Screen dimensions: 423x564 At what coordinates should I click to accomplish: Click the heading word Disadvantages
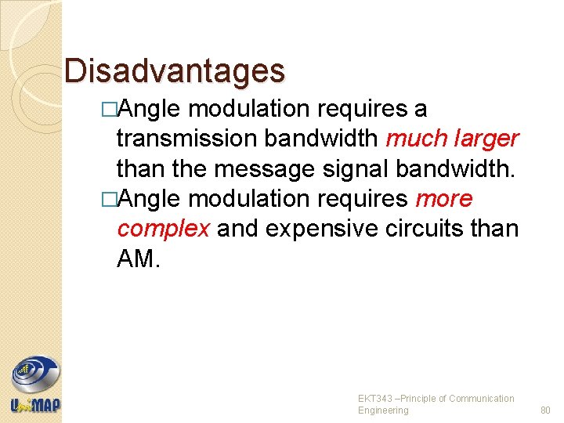pyautogui.click(x=175, y=70)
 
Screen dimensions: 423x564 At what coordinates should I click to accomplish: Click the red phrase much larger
pyautogui.click(x=452, y=139)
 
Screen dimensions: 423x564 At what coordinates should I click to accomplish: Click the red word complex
pyautogui.click(x=163, y=230)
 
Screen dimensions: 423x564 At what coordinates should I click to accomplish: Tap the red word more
pyautogui.click(x=444, y=199)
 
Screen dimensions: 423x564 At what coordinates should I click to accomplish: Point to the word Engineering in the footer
pyautogui.click(x=383, y=410)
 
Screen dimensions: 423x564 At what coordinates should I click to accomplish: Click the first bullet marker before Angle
pyautogui.click(x=109, y=109)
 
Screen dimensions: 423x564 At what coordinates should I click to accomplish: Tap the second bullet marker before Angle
pyautogui.click(x=109, y=200)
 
